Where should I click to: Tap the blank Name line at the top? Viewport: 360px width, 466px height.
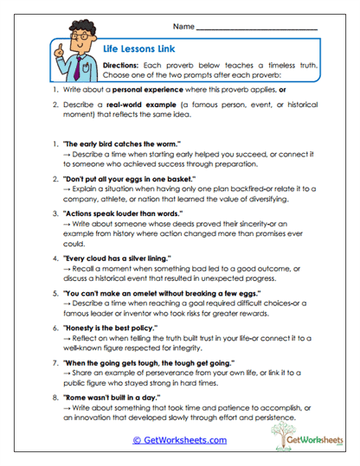[258, 28]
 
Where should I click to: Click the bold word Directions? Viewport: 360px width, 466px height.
[121, 66]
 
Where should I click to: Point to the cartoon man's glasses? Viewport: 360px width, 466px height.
[77, 40]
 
